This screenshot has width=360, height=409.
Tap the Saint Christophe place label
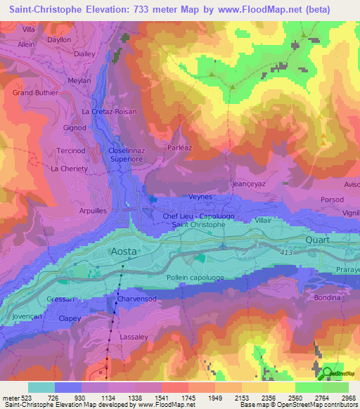tap(199, 225)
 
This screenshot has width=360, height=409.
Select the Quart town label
tap(317, 239)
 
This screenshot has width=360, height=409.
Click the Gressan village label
tap(60, 299)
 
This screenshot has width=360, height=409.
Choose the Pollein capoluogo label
tap(195, 278)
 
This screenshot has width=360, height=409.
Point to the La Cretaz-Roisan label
tap(109, 112)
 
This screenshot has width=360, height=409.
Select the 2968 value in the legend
tap(348, 398)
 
